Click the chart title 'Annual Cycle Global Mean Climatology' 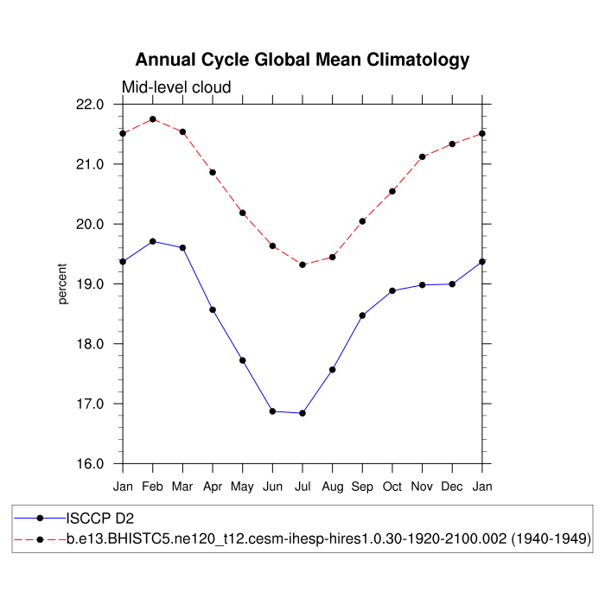coord(302,60)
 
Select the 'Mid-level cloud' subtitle coord(176,87)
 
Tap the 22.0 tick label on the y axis coord(90,105)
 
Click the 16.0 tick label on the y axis coord(90,464)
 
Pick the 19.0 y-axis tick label coord(90,284)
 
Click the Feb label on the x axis coord(153,487)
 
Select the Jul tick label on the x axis coord(302,487)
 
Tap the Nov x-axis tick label coord(423,487)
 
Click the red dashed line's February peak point coord(153,119)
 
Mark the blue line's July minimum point coord(302,413)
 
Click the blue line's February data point coord(153,241)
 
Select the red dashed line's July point coord(302,264)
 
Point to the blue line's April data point coord(213,309)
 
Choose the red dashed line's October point coord(392,191)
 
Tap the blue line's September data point coord(362,315)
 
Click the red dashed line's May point coord(243,213)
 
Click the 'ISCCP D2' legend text coord(100,519)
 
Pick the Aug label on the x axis coord(333,487)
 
